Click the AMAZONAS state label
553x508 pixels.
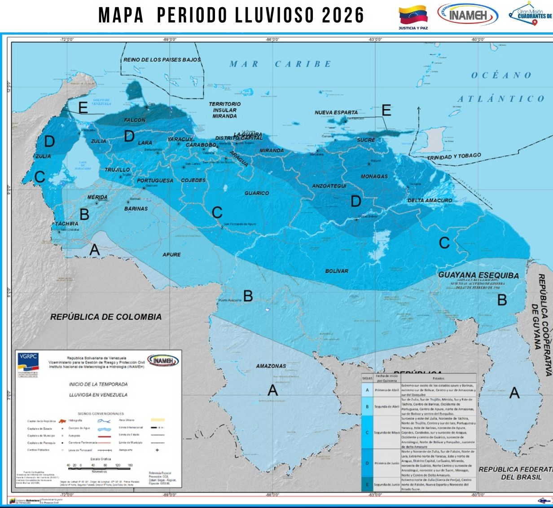[271, 366]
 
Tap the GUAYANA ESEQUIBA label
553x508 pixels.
[478, 275]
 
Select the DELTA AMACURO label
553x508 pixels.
[430, 200]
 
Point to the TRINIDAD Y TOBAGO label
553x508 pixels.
[454, 157]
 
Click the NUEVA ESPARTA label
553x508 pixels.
[336, 112]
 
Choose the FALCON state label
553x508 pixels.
[135, 120]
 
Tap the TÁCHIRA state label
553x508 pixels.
[66, 224]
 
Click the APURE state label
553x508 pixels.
[171, 255]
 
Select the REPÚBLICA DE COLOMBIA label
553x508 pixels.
[105, 317]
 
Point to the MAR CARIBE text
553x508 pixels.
[281, 64]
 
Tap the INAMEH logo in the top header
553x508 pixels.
[468, 15]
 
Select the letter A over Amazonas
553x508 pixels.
[272, 391]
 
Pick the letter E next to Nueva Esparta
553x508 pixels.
[386, 110]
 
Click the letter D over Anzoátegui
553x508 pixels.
[355, 201]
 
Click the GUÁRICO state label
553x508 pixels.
[257, 193]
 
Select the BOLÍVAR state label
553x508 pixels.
[337, 271]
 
